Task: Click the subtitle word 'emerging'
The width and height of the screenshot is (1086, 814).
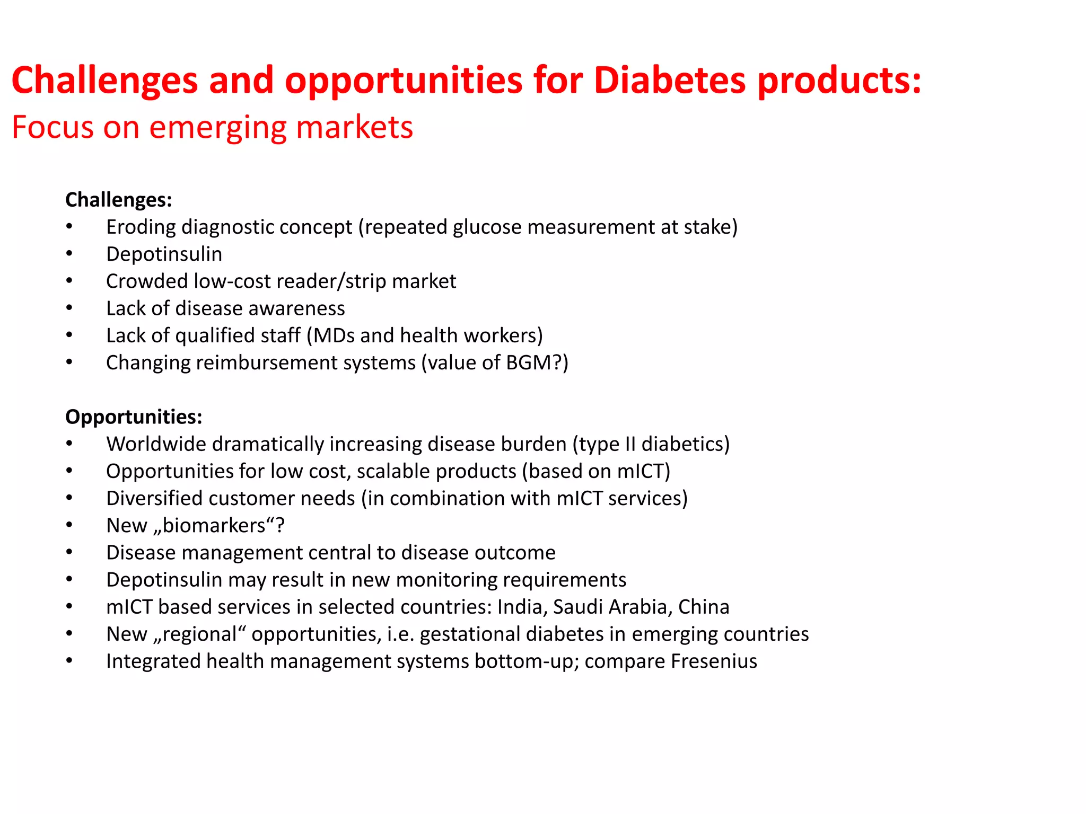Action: [218, 128]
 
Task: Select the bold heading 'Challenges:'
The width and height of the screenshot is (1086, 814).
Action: [118, 200]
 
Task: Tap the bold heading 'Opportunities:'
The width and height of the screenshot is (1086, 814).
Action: [134, 417]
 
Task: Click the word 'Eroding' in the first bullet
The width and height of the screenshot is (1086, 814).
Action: [141, 227]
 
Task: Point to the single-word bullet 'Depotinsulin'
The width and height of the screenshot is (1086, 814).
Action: [164, 254]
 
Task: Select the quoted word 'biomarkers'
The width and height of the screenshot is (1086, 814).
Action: [214, 526]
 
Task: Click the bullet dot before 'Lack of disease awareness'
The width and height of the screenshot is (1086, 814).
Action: [69, 308]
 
